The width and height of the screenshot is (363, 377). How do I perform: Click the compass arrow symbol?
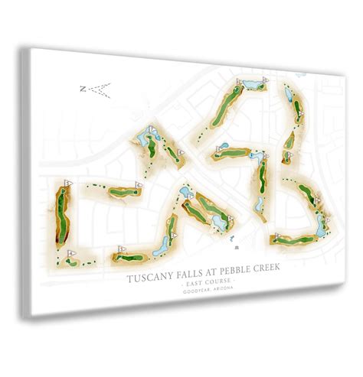[x=98, y=89]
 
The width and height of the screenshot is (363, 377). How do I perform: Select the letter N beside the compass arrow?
[x=82, y=89]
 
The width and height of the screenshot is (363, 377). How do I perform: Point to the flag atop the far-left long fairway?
[x=67, y=183]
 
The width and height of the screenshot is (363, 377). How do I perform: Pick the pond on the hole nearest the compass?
[x=144, y=138]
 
